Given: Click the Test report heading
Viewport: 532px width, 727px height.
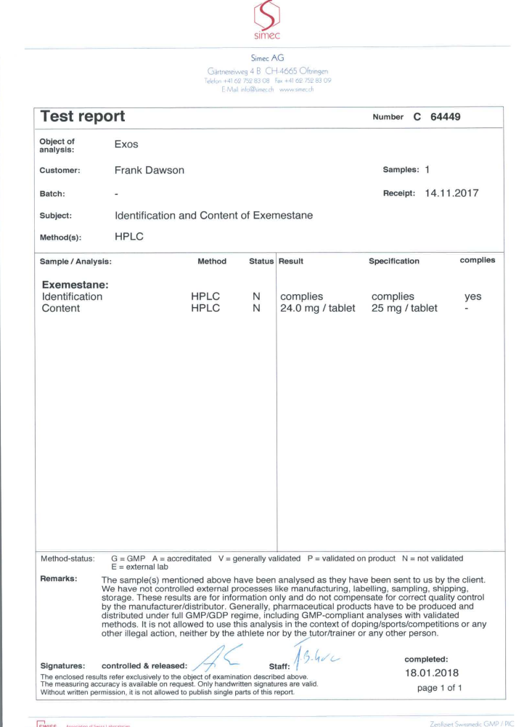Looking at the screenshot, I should [x=83, y=116].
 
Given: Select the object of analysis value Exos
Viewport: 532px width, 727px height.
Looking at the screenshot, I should [x=126, y=145].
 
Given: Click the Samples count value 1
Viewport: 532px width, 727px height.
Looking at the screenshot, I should [x=427, y=169].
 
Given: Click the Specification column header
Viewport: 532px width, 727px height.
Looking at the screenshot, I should [x=394, y=261].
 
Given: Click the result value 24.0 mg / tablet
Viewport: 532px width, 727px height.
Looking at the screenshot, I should [x=317, y=308].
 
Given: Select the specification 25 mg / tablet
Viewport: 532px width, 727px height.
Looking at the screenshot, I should [x=404, y=308].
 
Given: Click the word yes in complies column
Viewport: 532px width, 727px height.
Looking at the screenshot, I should [x=472, y=296].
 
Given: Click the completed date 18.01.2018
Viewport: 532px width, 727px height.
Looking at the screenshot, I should [x=431, y=672].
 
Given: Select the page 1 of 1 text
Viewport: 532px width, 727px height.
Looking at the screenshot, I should [x=434, y=687].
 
